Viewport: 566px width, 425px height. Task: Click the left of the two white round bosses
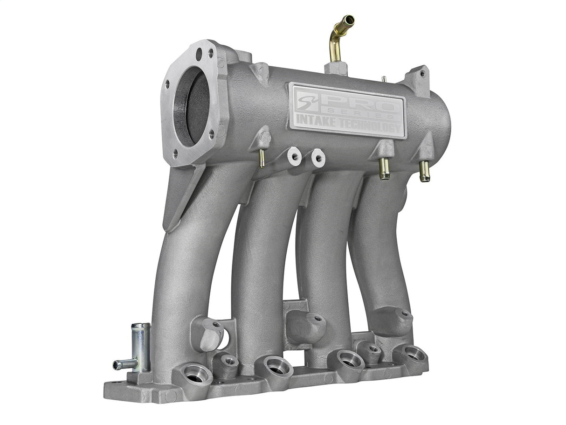pos(295,157)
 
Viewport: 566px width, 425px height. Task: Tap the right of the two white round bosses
pos(318,158)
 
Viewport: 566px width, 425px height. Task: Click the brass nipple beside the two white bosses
pos(262,158)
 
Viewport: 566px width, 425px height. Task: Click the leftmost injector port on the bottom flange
pos(196,374)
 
